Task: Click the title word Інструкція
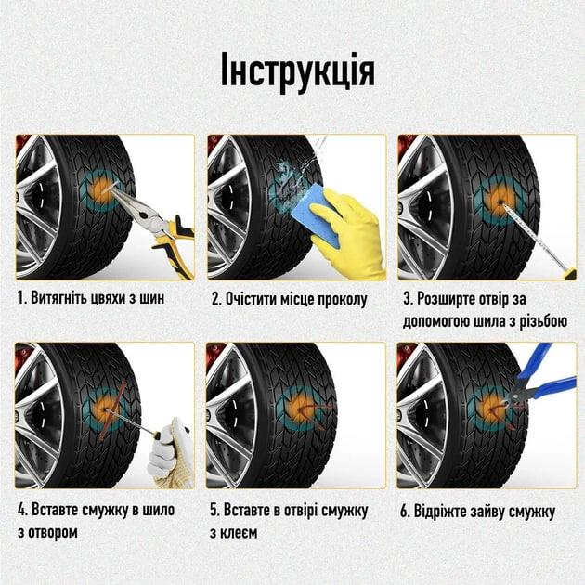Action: click(x=298, y=71)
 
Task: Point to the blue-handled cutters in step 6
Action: click(x=541, y=384)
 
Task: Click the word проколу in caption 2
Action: click(x=342, y=300)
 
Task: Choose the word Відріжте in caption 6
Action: click(x=439, y=512)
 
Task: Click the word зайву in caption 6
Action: click(x=487, y=512)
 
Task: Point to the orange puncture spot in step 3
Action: click(x=500, y=201)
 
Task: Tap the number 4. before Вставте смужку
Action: click(x=22, y=510)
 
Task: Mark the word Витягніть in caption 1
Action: click(x=59, y=298)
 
